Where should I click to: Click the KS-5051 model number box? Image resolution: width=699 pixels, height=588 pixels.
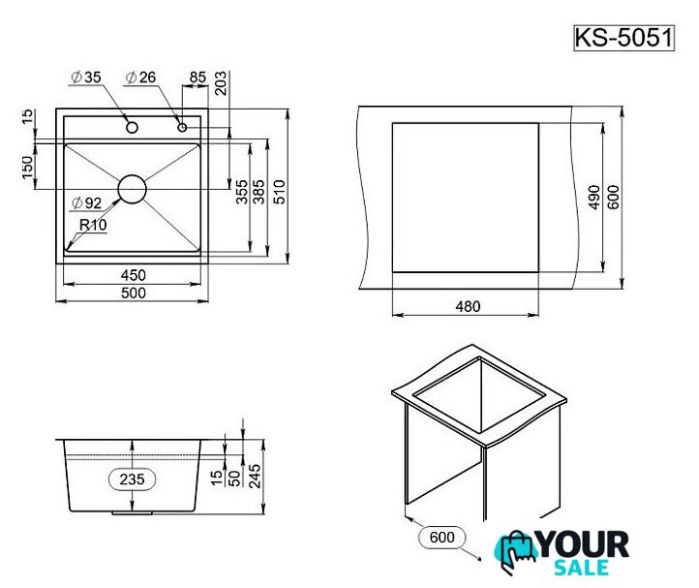(x=623, y=38)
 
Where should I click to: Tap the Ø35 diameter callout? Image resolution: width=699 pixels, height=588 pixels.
(x=86, y=77)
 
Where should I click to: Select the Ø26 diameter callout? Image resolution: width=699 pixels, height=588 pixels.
(x=141, y=77)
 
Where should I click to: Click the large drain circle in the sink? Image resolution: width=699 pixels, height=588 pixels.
(x=132, y=189)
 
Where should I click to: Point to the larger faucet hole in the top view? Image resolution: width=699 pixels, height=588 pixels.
(x=132, y=128)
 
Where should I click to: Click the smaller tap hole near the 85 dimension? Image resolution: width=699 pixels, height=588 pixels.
(x=182, y=127)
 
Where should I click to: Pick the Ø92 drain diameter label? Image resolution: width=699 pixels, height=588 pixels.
(x=86, y=203)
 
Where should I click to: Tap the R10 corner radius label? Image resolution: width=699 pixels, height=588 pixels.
(x=93, y=225)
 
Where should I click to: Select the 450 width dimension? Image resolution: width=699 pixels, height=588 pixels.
(x=133, y=275)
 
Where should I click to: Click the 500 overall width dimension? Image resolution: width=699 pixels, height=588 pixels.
(x=133, y=294)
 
